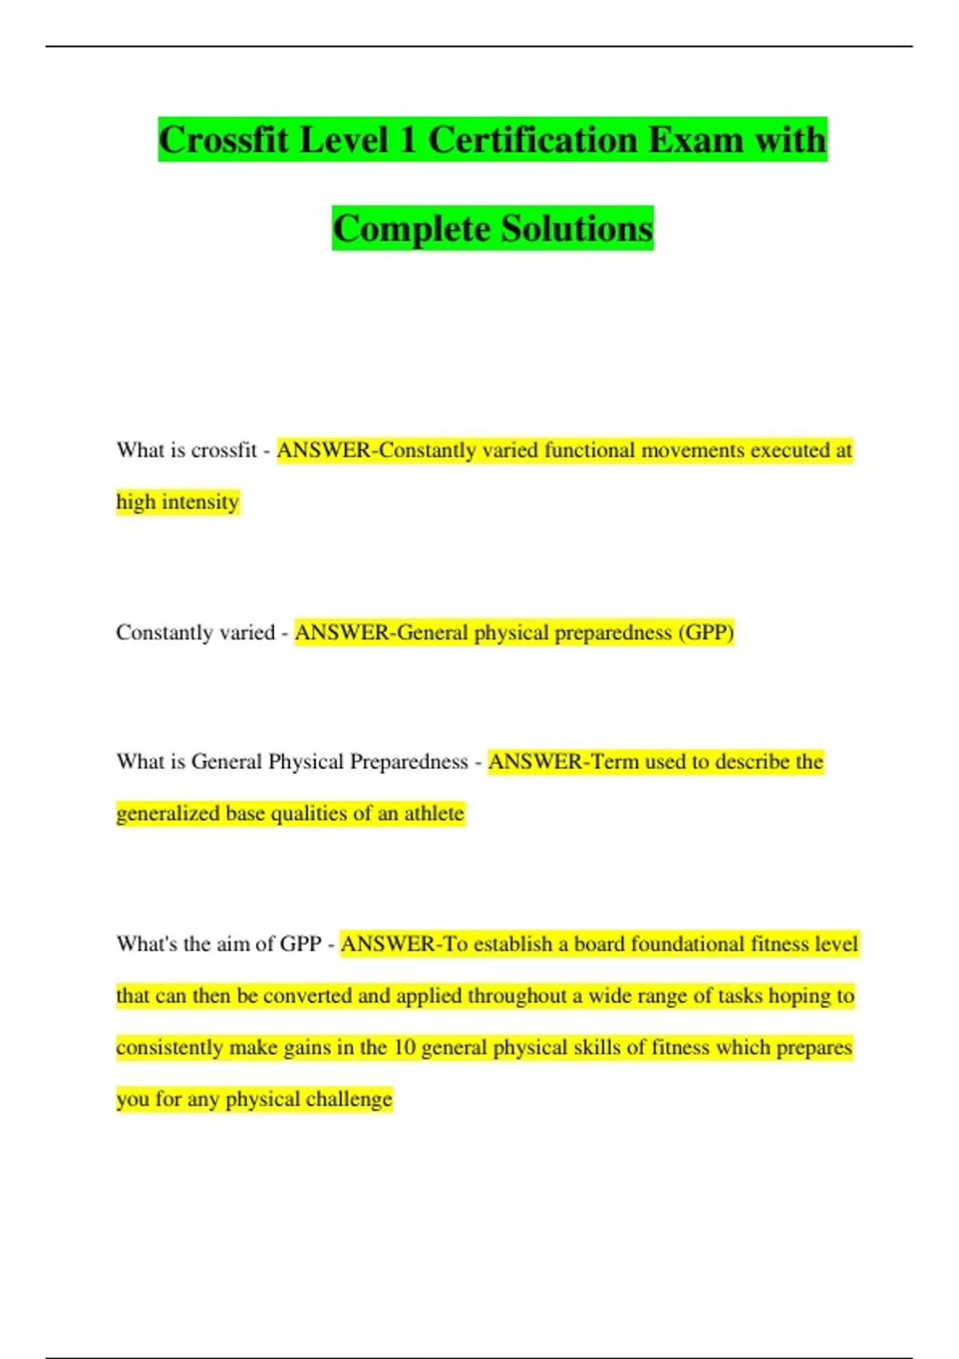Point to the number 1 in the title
tap(408, 140)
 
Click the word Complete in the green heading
tap(412, 229)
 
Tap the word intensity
tap(200, 502)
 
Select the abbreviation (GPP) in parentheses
tap(706, 632)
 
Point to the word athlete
tap(433, 813)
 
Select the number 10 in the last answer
tap(404, 1047)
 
